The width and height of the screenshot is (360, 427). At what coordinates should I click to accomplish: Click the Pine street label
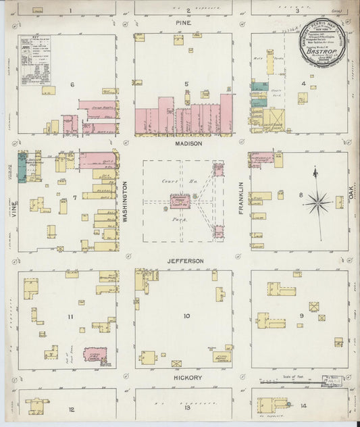pyautogui.click(x=184, y=23)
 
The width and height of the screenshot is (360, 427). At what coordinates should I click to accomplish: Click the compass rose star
pyautogui.click(x=316, y=201)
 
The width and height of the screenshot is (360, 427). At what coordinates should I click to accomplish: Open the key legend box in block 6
pyautogui.click(x=34, y=60)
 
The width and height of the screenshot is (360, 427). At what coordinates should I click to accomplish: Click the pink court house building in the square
pyautogui.click(x=180, y=201)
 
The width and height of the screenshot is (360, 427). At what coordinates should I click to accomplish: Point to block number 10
pyautogui.click(x=186, y=316)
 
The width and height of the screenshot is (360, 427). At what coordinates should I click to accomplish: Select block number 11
pyautogui.click(x=70, y=316)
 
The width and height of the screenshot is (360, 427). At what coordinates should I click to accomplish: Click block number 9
pyautogui.click(x=302, y=316)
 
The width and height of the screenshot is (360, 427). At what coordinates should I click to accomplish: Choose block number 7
pyautogui.click(x=75, y=197)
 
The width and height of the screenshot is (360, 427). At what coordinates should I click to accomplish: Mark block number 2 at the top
pyautogui.click(x=188, y=11)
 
